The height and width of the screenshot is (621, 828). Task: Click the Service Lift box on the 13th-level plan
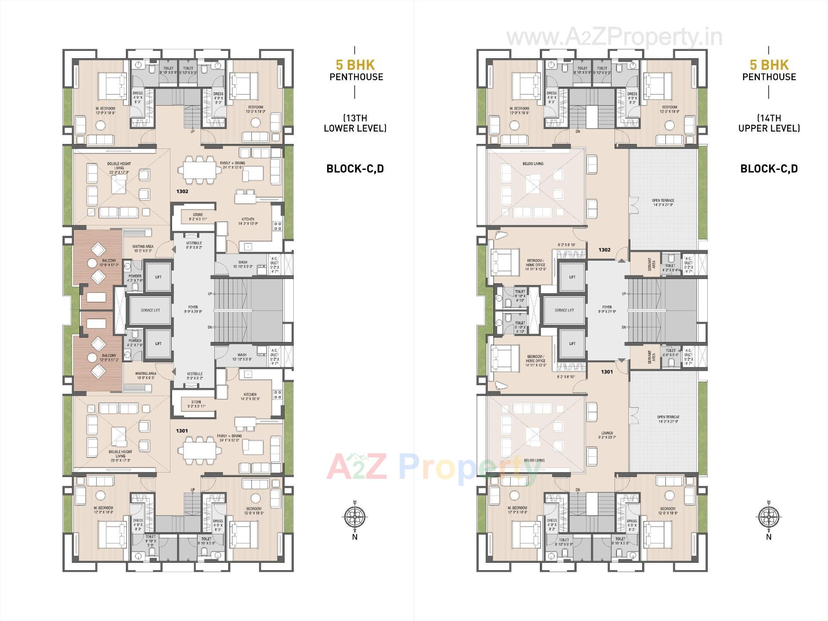[x=150, y=310]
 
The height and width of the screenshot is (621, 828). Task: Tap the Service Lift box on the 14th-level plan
[x=564, y=310]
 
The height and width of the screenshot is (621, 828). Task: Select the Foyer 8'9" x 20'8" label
[x=193, y=309]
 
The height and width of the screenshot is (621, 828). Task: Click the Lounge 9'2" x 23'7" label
[x=607, y=435]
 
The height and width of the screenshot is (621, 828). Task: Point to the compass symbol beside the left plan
[x=354, y=516]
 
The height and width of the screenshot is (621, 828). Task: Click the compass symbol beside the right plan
[x=768, y=516]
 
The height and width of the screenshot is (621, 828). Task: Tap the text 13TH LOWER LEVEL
[x=355, y=123]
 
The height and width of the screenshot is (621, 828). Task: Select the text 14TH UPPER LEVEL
[x=769, y=123]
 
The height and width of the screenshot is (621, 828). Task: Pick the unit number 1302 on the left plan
[x=182, y=191]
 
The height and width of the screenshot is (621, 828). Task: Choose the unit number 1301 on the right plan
[x=607, y=371]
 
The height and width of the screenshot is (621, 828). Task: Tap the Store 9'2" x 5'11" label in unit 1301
[x=197, y=404]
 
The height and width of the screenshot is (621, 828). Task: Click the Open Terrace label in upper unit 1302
[x=663, y=202]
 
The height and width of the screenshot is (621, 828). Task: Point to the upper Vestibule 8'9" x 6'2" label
[x=194, y=245]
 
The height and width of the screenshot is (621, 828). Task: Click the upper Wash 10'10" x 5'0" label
[x=242, y=264]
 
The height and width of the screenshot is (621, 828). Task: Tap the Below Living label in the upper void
[x=533, y=164]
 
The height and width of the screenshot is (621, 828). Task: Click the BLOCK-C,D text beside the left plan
[x=355, y=169]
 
